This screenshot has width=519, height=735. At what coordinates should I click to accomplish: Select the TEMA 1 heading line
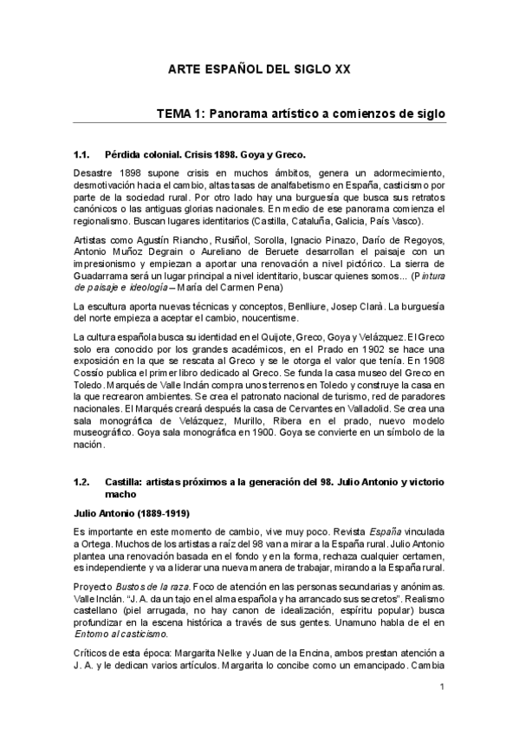(x=301, y=114)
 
